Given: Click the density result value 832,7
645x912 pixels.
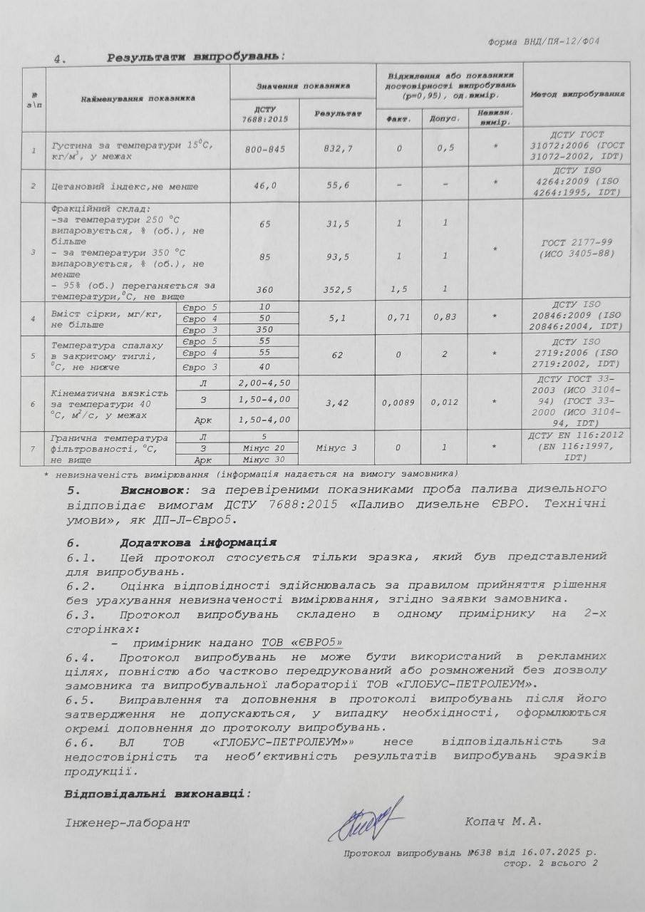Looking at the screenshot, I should [337, 148].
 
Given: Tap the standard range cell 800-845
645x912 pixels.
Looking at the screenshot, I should [264, 149].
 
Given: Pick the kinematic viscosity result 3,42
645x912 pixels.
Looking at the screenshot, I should [336, 403].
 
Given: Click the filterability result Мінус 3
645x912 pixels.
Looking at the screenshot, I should [336, 447].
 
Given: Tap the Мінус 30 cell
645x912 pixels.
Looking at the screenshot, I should [264, 458].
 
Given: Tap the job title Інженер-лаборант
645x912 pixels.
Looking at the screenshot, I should [128, 822].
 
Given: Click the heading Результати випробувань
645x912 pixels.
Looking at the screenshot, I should [195, 56].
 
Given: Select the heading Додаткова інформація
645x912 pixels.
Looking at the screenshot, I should [194, 542].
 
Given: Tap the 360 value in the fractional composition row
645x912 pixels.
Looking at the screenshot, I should [264, 289].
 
